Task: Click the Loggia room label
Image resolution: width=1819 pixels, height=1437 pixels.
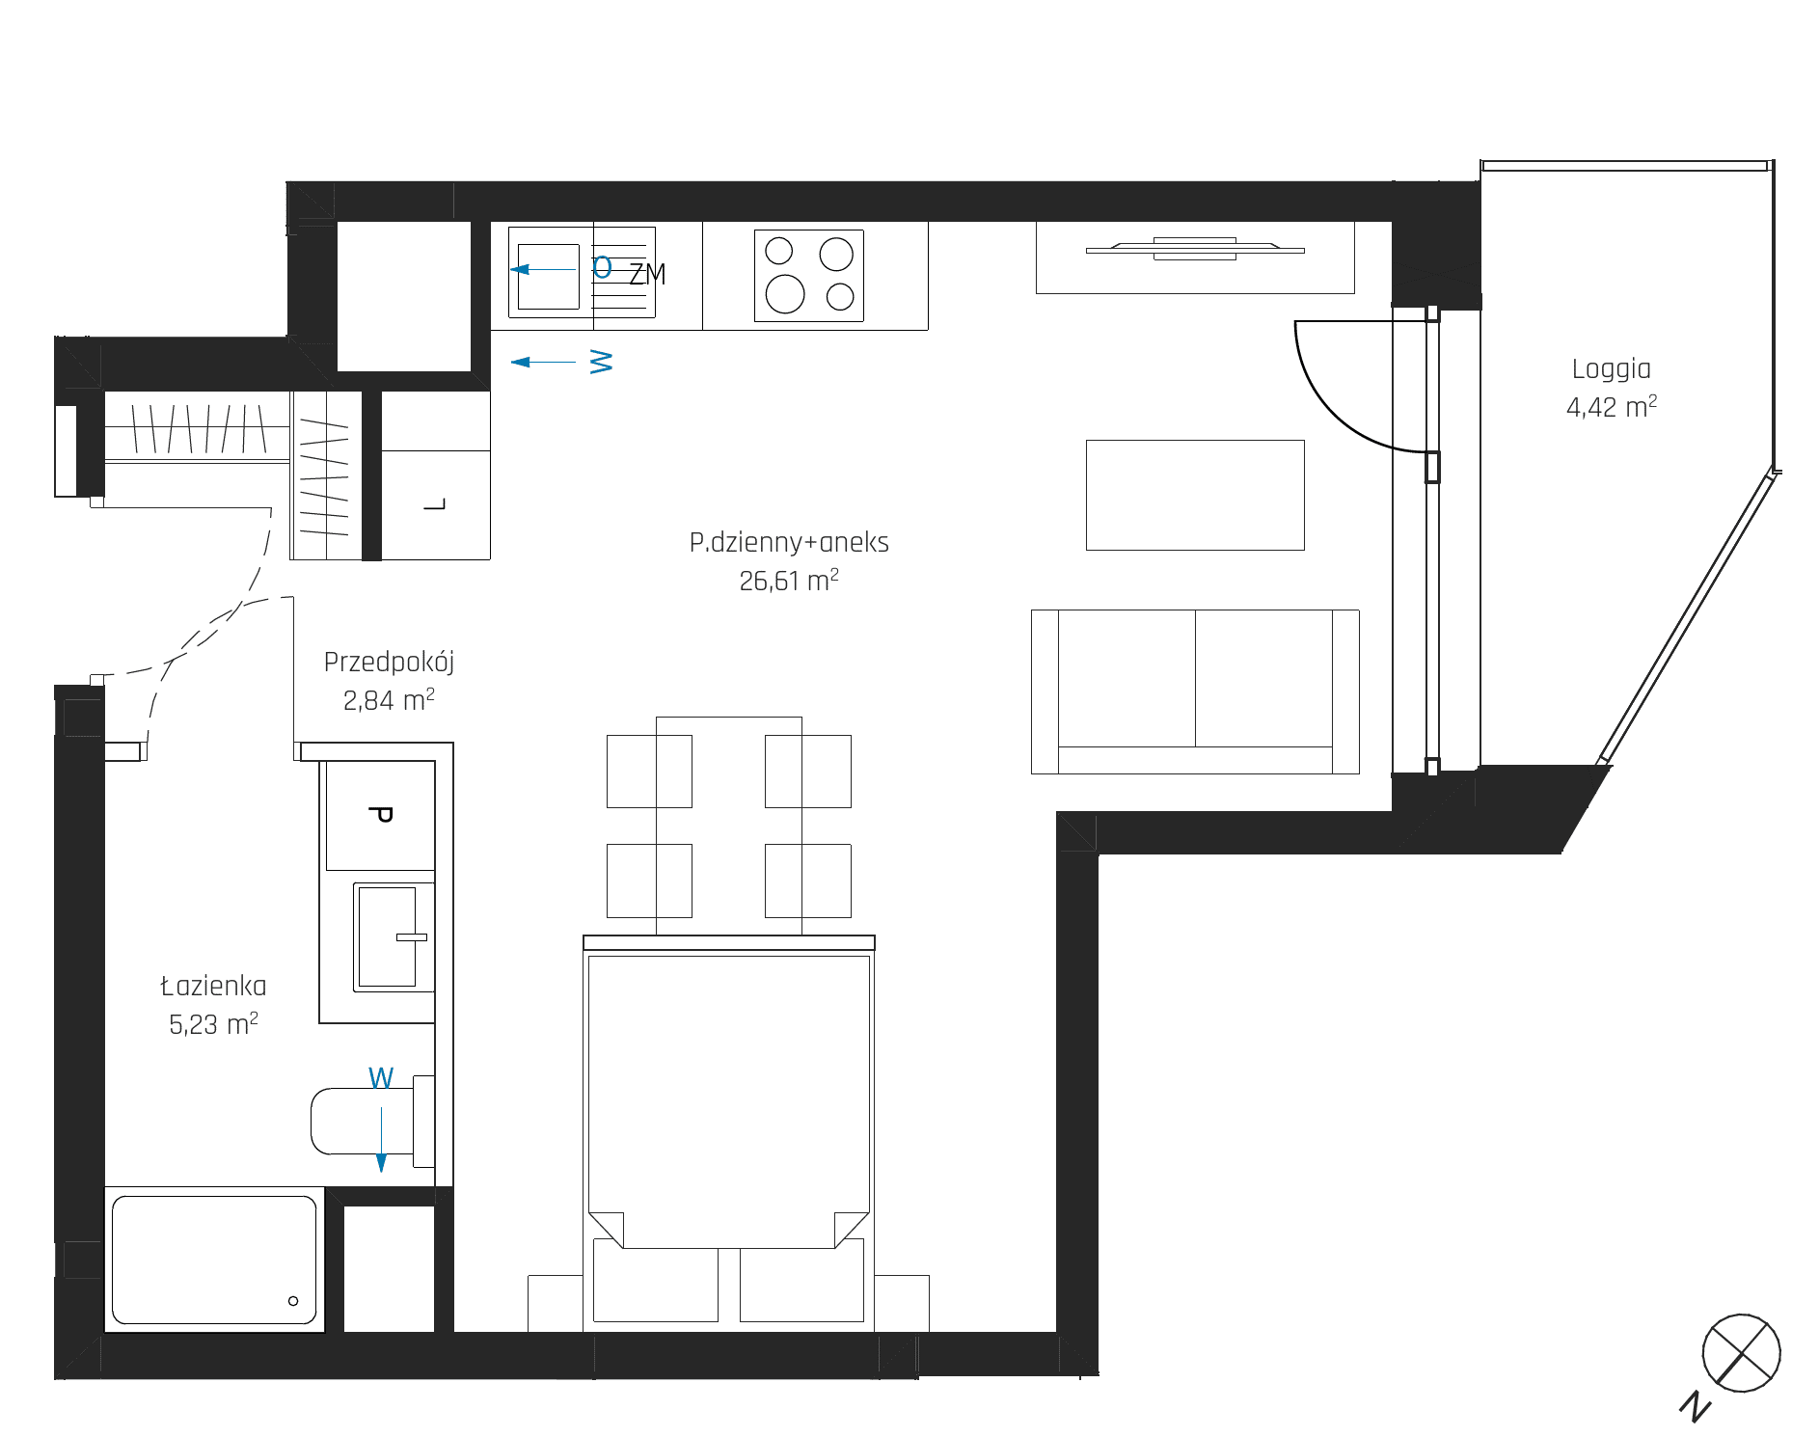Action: click(1611, 369)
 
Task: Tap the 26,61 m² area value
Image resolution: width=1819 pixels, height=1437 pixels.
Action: click(789, 581)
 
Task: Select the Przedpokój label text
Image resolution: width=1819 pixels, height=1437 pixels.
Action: click(389, 663)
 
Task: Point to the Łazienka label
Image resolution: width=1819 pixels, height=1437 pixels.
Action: click(213, 986)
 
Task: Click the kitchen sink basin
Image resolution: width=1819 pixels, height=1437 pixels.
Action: click(548, 276)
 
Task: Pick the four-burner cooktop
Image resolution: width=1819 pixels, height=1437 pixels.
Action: click(809, 276)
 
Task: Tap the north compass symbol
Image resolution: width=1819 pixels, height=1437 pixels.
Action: click(1741, 1353)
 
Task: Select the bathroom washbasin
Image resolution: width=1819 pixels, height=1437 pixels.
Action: click(389, 937)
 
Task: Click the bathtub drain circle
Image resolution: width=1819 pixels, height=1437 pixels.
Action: click(293, 1301)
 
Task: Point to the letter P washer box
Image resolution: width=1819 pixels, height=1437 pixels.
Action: click(380, 815)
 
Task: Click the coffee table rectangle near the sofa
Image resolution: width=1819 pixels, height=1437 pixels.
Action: click(1195, 495)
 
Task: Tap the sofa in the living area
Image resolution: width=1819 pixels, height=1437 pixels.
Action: click(1195, 691)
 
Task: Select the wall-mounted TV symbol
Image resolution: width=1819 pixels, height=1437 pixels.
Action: click(1195, 250)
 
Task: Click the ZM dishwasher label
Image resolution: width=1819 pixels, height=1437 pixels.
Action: click(647, 275)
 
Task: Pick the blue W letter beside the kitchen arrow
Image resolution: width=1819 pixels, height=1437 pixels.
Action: click(601, 362)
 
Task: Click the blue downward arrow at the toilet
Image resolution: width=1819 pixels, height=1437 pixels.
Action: click(381, 1139)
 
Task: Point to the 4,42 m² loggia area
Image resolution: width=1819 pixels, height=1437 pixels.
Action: click(1611, 407)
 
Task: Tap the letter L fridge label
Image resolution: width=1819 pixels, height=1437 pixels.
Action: click(436, 504)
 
